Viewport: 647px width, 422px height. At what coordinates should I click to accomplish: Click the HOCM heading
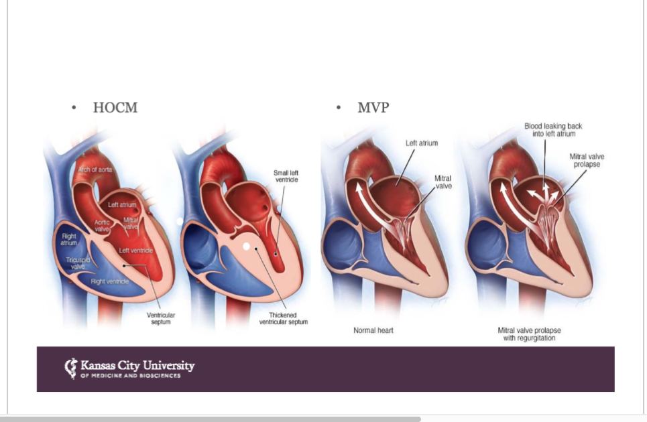(115, 108)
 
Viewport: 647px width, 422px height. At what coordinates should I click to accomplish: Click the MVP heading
(373, 108)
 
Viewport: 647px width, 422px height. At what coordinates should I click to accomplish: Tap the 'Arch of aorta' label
(95, 169)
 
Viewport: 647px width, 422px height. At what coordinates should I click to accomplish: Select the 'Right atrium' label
(69, 239)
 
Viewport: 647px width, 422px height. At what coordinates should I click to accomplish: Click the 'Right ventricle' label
(110, 281)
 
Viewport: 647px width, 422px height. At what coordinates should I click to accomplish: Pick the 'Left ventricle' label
(136, 251)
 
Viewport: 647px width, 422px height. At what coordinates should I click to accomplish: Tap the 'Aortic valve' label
(102, 225)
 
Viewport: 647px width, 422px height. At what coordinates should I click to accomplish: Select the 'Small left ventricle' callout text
(286, 176)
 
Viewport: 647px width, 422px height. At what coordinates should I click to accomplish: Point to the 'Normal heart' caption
(373, 330)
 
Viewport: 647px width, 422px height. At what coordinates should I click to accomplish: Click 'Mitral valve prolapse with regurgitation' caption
(529, 334)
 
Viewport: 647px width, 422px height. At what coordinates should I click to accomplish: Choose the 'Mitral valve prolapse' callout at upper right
(587, 160)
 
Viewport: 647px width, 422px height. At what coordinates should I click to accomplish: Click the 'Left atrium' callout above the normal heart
(421, 143)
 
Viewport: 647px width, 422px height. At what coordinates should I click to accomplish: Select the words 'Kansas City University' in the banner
(137, 366)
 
